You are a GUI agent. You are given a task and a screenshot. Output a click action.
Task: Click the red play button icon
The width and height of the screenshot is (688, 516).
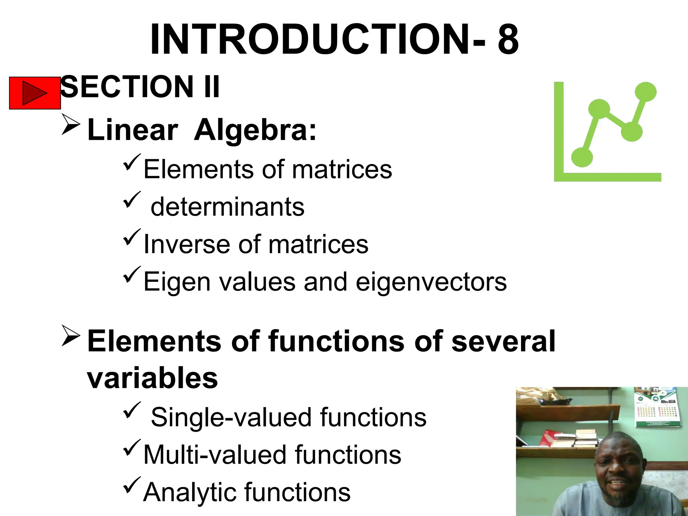(x=35, y=93)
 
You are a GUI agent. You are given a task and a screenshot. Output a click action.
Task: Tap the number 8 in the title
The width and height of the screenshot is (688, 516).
(x=508, y=40)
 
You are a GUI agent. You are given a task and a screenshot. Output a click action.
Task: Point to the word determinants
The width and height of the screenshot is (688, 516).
(x=227, y=207)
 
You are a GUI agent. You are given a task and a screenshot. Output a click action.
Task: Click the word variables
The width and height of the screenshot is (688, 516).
(x=153, y=378)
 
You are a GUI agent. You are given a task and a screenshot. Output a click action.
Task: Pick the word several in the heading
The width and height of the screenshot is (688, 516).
(x=503, y=341)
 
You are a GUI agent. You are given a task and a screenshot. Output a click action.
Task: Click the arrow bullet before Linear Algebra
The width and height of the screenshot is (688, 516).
(x=71, y=124)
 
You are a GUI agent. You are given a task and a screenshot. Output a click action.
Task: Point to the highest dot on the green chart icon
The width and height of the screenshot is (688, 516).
(x=645, y=92)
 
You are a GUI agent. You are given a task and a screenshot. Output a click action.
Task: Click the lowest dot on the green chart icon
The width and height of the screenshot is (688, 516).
(x=582, y=157)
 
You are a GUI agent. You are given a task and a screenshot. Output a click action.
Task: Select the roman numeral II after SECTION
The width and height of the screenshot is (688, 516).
(x=211, y=87)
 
